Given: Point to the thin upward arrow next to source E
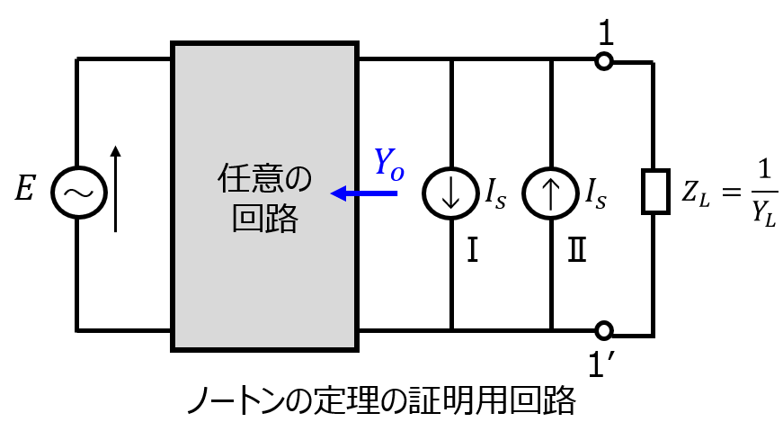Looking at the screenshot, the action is click(115, 189).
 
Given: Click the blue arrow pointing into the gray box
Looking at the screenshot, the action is click(364, 193).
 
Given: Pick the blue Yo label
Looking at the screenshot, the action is click(389, 164).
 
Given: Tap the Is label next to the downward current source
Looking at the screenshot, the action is click(496, 194).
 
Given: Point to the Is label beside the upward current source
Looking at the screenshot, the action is click(596, 194).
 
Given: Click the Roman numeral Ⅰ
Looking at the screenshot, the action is click(472, 249).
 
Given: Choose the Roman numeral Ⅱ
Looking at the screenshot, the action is click(577, 249).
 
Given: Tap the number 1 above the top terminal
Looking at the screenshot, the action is click(605, 34).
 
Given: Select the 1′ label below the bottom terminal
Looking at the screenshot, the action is click(601, 364).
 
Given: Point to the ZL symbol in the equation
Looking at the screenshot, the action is click(696, 193).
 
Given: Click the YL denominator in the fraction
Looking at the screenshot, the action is click(764, 214).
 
